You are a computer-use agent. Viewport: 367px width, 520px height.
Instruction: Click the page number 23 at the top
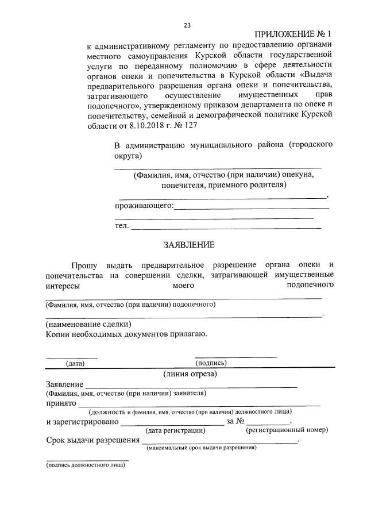coord(187,25)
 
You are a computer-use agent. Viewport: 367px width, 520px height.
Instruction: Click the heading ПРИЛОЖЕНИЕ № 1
coord(292,35)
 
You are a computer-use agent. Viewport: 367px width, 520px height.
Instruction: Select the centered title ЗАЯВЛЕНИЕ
coord(189,245)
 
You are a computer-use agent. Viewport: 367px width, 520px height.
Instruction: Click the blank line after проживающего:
coord(251,207)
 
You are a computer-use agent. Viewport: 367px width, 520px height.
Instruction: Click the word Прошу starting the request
coord(84,265)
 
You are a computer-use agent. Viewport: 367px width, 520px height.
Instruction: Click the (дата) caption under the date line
coord(75,363)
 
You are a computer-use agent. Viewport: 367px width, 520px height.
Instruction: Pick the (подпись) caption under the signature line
coord(211,363)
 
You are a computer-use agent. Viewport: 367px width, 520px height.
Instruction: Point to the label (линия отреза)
coord(190,374)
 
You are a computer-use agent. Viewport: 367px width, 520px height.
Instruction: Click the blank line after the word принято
coord(199,405)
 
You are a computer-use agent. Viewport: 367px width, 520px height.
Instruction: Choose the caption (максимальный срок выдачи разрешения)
coord(202,448)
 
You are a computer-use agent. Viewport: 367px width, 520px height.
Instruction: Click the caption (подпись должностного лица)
coord(86,466)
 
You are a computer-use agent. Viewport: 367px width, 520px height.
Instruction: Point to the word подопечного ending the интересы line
coord(311,284)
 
